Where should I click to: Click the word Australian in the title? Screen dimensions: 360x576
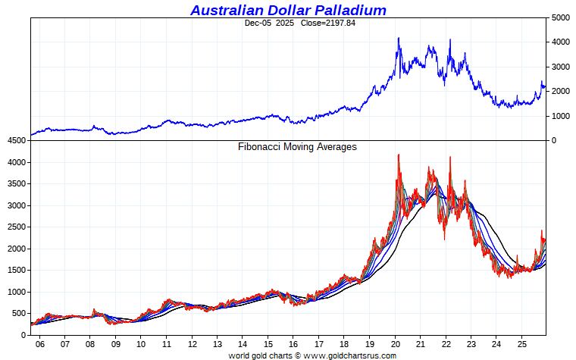coord(225,10)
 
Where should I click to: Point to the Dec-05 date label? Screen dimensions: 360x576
coord(258,23)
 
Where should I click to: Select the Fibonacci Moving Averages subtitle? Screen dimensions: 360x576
coord(297,147)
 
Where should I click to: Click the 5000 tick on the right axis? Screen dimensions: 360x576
coord(561,17)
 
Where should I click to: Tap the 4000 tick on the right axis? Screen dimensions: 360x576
coord(561,42)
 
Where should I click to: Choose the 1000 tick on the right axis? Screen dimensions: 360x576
coord(561,116)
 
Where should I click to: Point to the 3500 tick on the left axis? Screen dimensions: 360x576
coord(17,184)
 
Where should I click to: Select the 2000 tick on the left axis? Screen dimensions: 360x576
coord(17,249)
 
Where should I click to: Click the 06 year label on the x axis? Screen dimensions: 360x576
coord(39,343)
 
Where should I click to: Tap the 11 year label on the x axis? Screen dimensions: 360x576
coord(166,343)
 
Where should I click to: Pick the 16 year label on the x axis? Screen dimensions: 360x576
coord(293,343)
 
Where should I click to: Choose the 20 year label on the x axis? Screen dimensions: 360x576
coord(395,343)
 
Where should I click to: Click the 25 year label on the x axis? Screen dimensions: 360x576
coord(522,343)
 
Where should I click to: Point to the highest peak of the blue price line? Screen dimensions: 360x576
coord(399,38)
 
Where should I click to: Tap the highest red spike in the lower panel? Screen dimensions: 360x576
coord(399,155)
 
